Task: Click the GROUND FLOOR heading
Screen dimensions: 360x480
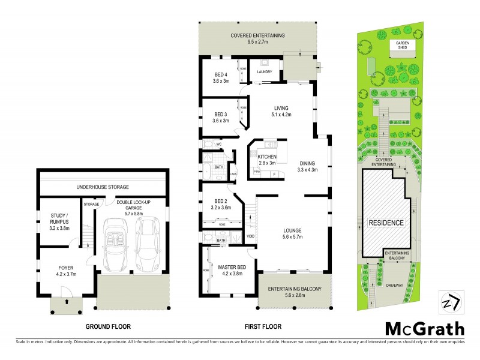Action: [x=108, y=327]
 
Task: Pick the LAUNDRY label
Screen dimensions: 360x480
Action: [x=265, y=72]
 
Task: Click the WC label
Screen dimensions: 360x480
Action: [x=220, y=144]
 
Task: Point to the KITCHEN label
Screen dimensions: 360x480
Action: [x=266, y=157]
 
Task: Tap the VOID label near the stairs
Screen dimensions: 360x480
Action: [x=251, y=236]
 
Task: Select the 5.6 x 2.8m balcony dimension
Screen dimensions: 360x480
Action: [x=295, y=296]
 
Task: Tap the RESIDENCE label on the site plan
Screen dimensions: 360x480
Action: [x=386, y=223]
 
